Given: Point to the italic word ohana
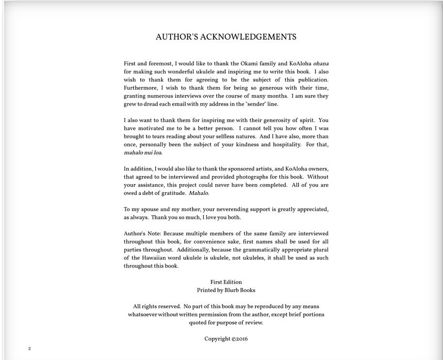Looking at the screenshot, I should click(x=320, y=64).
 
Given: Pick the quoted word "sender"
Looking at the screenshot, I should click(x=251, y=104).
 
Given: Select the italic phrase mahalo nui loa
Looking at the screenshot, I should click(x=142, y=153).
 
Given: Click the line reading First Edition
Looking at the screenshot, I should click(x=226, y=282).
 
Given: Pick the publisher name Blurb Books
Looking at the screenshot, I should click(x=240, y=290).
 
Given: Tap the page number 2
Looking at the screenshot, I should click(x=29, y=349).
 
